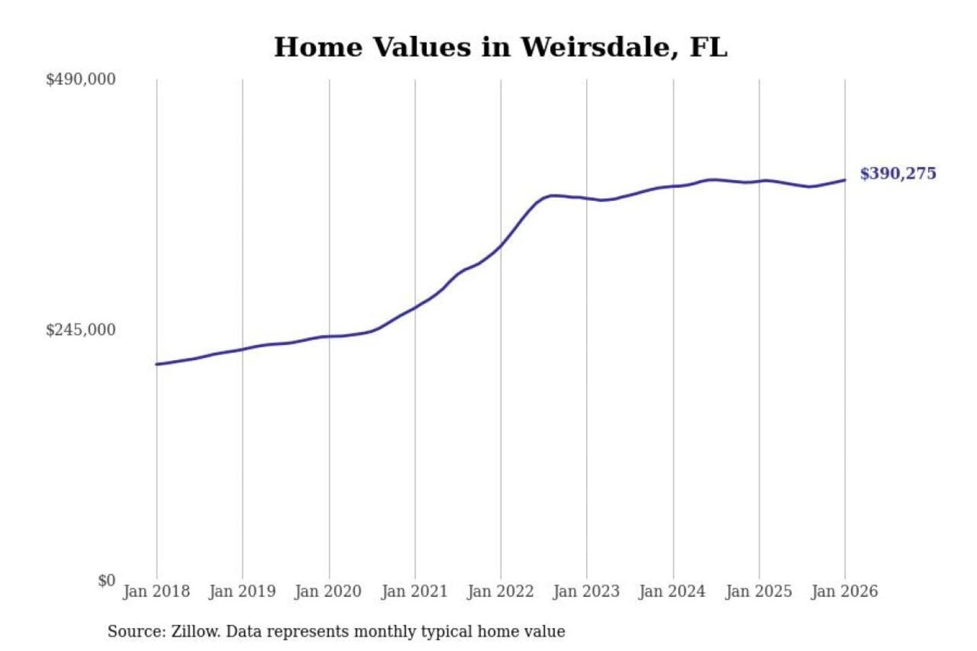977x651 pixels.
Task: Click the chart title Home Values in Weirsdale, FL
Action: click(x=501, y=47)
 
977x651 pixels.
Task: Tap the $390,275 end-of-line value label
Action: click(x=898, y=174)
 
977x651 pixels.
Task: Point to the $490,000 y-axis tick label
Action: click(x=81, y=79)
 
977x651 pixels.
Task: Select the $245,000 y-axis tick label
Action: click(x=81, y=330)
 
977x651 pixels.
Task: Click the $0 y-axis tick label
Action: click(x=107, y=580)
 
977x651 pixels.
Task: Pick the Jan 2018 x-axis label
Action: click(x=156, y=591)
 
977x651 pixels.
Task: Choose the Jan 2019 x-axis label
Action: click(x=242, y=591)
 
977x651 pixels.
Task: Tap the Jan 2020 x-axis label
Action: click(x=328, y=591)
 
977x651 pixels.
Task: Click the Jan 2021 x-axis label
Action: click(x=415, y=591)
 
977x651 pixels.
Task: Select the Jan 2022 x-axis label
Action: click(x=501, y=591)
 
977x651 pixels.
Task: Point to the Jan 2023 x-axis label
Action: click(x=586, y=591)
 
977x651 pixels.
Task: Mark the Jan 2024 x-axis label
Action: click(x=672, y=591)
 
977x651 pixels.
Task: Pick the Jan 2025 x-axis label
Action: click(x=759, y=591)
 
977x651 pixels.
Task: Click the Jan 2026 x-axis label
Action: click(x=845, y=591)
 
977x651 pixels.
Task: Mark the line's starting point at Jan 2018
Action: click(x=157, y=364)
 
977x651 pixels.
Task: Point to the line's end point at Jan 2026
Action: click(x=845, y=180)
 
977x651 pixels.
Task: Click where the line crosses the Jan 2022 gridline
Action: click(x=501, y=245)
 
